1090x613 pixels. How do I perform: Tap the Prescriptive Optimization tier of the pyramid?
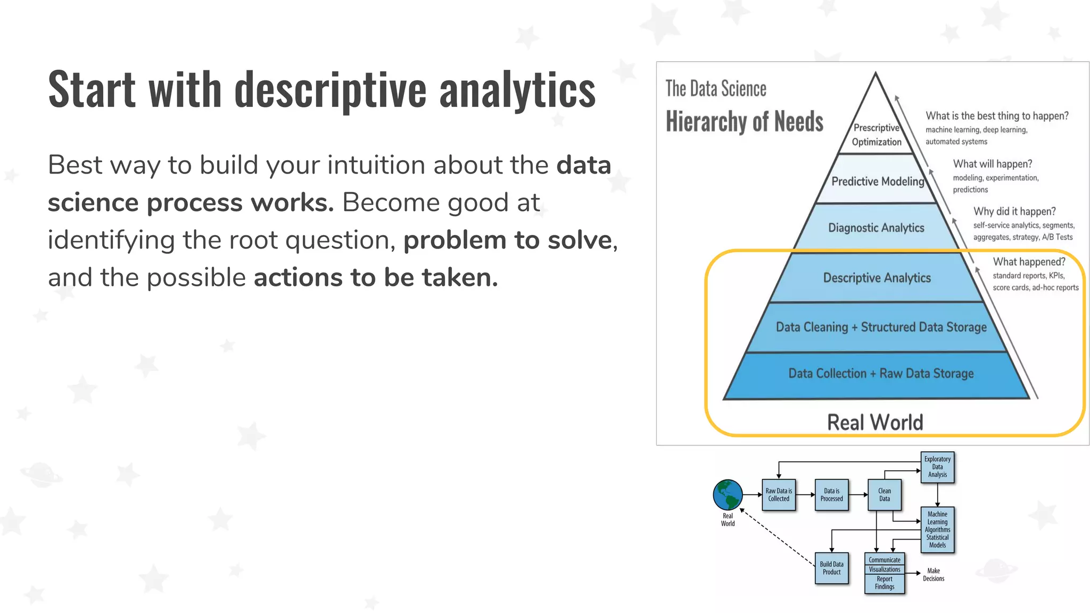tap(877, 135)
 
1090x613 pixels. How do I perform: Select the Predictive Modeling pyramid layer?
tap(878, 181)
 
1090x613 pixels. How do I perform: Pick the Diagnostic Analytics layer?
tap(876, 228)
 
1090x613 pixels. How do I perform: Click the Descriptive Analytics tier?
tap(877, 278)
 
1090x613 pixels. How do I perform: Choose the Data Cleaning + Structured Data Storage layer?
tap(881, 327)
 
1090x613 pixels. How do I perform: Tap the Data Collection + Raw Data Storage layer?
tap(881, 374)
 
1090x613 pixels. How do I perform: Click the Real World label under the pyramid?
tap(875, 423)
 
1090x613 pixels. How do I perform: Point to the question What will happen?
tap(992, 164)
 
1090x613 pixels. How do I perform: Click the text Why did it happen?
tap(1014, 211)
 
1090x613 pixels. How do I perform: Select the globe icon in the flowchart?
tap(728, 495)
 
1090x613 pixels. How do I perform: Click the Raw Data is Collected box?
tap(779, 495)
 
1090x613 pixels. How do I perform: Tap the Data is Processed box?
tap(831, 495)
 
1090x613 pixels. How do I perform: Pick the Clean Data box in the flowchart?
tap(884, 495)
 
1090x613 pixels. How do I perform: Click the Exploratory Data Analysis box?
tap(937, 467)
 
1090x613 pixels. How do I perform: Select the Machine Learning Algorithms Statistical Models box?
tap(937, 529)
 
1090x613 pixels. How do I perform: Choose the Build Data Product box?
tap(831, 568)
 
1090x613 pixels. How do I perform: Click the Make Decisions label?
tap(934, 575)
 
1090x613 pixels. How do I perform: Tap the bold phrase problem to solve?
tap(507, 240)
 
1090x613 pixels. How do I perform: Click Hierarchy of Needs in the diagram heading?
tap(744, 122)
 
